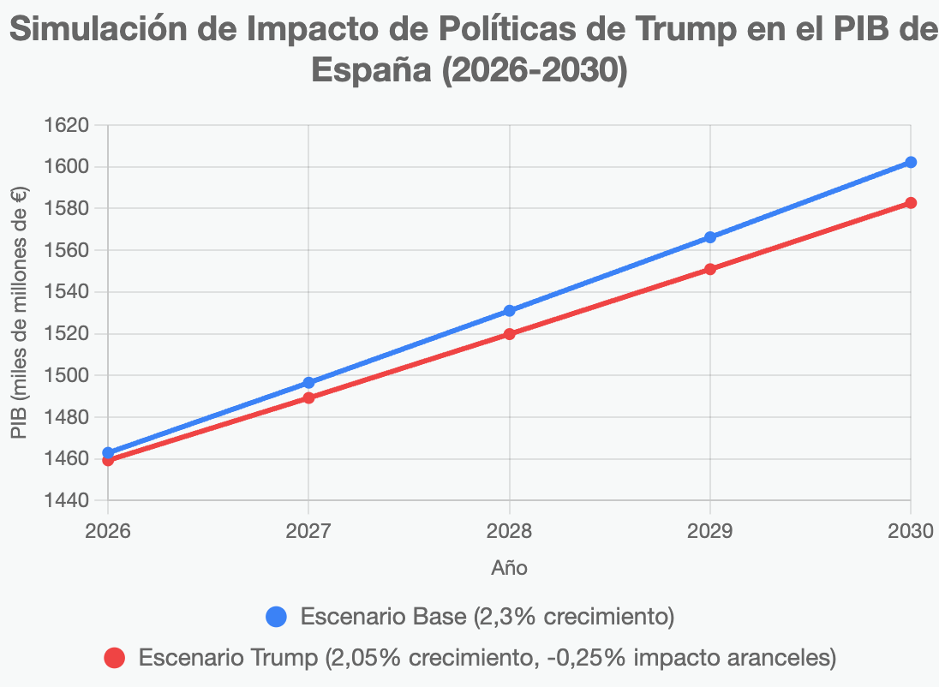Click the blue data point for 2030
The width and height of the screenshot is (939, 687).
(x=911, y=162)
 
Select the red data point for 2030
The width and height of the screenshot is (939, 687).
(x=911, y=203)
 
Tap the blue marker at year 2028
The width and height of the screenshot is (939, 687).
(x=510, y=311)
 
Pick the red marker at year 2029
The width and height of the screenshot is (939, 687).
(x=710, y=269)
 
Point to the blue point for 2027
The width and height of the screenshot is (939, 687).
(x=308, y=383)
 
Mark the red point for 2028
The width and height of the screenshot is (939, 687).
(x=510, y=334)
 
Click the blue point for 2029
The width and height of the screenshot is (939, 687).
(x=710, y=237)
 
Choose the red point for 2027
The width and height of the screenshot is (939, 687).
(x=308, y=397)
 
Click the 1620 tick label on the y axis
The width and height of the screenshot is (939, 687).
(x=66, y=125)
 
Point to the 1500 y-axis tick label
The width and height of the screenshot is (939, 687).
(x=66, y=375)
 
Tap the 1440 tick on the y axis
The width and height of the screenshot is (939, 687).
(x=66, y=500)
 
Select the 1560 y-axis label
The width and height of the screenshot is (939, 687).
(x=66, y=250)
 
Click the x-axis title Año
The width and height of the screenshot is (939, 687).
(x=509, y=567)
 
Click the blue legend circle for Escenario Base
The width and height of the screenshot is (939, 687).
(x=277, y=616)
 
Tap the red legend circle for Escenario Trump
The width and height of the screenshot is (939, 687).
(x=114, y=658)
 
